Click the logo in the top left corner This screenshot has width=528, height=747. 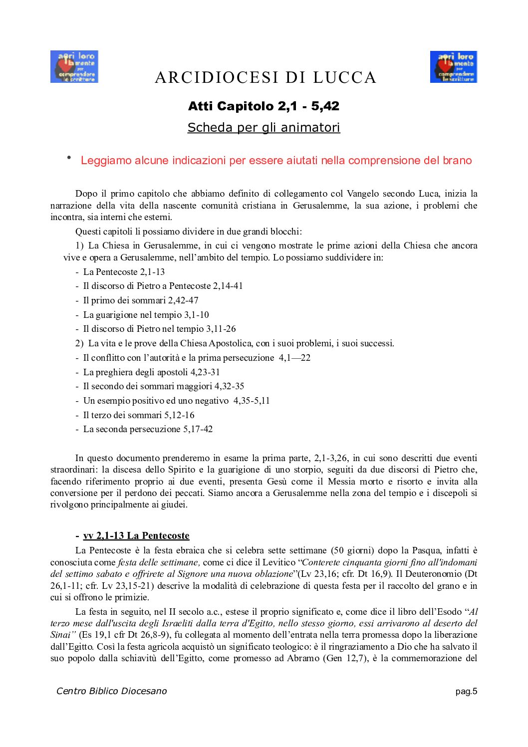pyautogui.click(x=74, y=66)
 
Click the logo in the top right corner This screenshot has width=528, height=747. pyautogui.click(x=453, y=66)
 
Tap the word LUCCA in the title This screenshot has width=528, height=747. pyautogui.click(x=344, y=78)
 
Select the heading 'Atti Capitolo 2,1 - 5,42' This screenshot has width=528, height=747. pyautogui.click(x=264, y=106)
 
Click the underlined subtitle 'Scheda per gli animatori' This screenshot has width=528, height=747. pyautogui.click(x=264, y=128)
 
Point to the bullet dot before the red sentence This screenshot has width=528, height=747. pyautogui.click(x=69, y=158)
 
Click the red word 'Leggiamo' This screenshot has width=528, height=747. pyautogui.click(x=105, y=161)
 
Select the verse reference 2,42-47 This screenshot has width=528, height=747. pyautogui.click(x=183, y=300)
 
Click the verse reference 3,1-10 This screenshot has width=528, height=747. pyautogui.click(x=197, y=315)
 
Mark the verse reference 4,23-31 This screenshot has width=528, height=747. pyautogui.click(x=205, y=372)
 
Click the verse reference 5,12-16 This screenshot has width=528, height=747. pyautogui.click(x=180, y=415)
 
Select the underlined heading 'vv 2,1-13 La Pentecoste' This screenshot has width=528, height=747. pyautogui.click(x=136, y=536)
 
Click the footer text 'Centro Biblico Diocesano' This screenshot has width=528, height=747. pyautogui.click(x=111, y=691)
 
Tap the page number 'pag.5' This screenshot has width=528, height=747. pyautogui.click(x=466, y=692)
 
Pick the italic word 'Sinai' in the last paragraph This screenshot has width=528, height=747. pyautogui.click(x=61, y=635)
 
